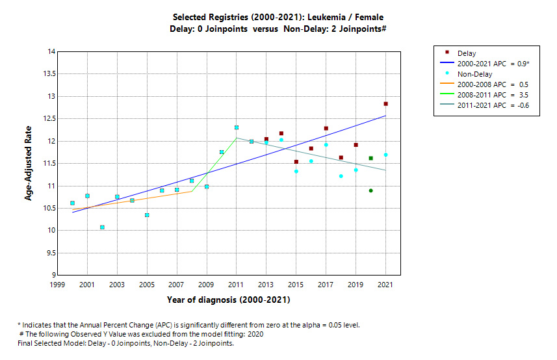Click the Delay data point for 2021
(x=385, y=104)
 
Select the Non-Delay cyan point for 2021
(x=385, y=155)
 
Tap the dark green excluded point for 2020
(x=370, y=190)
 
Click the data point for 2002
(x=102, y=227)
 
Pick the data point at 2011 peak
(x=237, y=127)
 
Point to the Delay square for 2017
(x=326, y=129)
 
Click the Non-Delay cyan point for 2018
(x=341, y=176)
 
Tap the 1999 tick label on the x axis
(x=57, y=285)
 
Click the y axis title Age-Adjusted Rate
(x=29, y=163)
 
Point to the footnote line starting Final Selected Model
(x=125, y=343)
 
